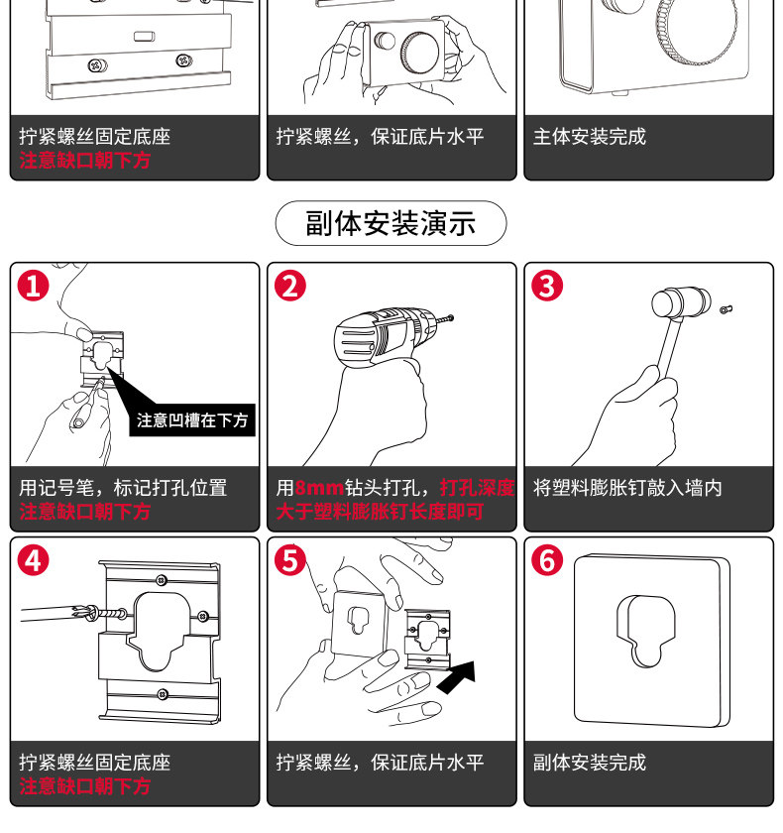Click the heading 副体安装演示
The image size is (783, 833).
pos(391,223)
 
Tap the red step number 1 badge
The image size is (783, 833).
pos(34,286)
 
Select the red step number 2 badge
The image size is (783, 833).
pos(290,286)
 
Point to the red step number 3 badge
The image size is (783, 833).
pos(547,286)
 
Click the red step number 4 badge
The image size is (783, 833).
pos(34,560)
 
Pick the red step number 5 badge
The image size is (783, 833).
pos(290,560)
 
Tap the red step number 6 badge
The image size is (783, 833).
pos(547,560)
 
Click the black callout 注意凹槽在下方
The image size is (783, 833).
pos(192,420)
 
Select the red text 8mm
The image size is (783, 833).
pos(319,488)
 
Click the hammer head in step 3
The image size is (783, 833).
pos(681,302)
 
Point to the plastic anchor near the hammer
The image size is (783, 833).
pos(727,309)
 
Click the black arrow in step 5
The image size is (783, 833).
pos(457,677)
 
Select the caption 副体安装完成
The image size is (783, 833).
pos(590,763)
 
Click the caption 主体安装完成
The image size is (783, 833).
pos(590,137)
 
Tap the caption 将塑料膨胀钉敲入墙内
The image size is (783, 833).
pos(627,488)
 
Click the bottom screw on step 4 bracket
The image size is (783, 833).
pos(163,694)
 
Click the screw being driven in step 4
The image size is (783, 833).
pos(105,615)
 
